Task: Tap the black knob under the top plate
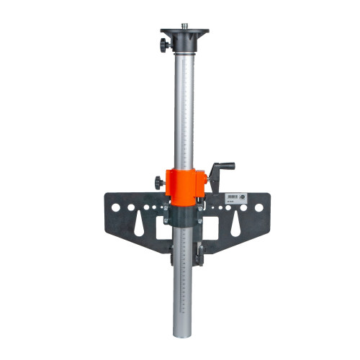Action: [165, 45]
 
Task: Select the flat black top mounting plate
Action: [184, 34]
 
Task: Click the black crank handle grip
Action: [227, 166]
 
